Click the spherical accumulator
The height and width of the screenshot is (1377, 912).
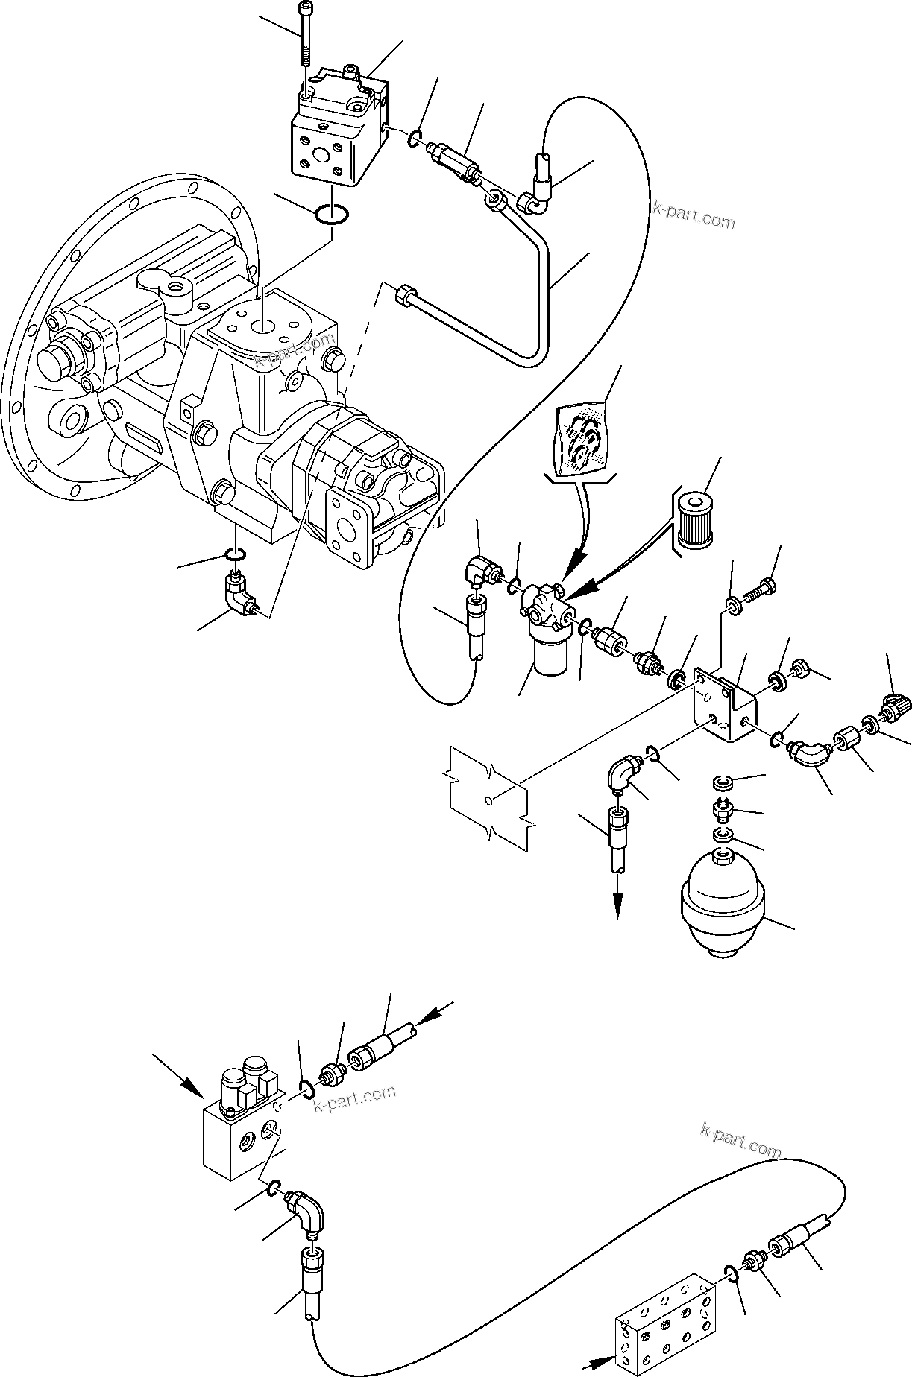pyautogui.click(x=720, y=905)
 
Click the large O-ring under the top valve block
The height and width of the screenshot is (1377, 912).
pyautogui.click(x=330, y=213)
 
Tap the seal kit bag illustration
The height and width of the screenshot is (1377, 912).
pyautogui.click(x=582, y=440)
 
